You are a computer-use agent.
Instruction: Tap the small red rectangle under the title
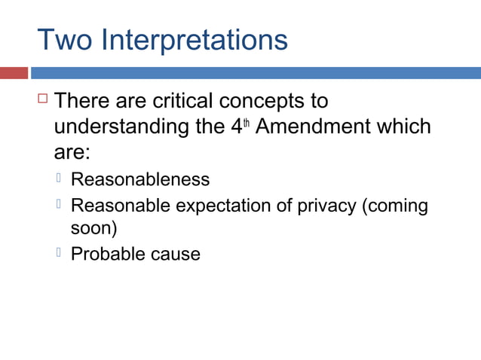[14, 73]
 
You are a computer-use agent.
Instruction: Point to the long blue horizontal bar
[256, 73]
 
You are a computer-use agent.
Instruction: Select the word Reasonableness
[140, 179]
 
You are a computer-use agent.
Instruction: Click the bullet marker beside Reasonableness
[59, 178]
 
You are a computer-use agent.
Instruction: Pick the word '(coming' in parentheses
[395, 206]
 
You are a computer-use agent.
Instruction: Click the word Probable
[106, 253]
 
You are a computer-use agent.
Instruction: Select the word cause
[174, 254]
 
